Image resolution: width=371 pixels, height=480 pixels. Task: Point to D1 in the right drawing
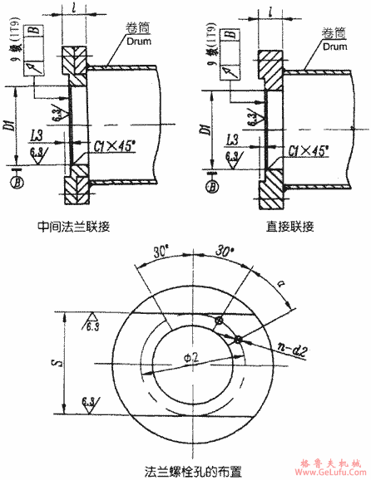pos(202,127)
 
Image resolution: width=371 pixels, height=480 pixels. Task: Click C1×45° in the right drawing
pos(305,149)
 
